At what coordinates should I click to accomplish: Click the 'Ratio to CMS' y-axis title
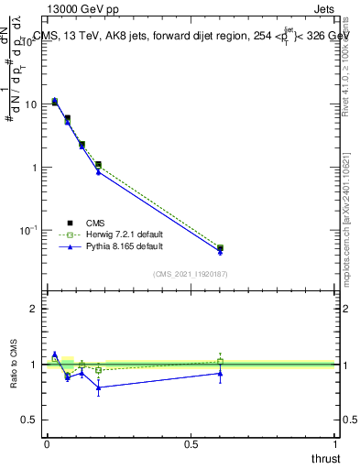[x=16, y=365]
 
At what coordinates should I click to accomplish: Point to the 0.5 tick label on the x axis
[x=191, y=443]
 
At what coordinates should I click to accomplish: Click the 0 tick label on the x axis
[x=47, y=443]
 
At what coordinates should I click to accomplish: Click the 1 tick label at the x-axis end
[x=336, y=443]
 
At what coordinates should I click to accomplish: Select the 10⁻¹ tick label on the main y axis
[x=28, y=230]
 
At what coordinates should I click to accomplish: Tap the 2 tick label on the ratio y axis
[x=34, y=309]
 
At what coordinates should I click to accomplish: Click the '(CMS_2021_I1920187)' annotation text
[x=190, y=273]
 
